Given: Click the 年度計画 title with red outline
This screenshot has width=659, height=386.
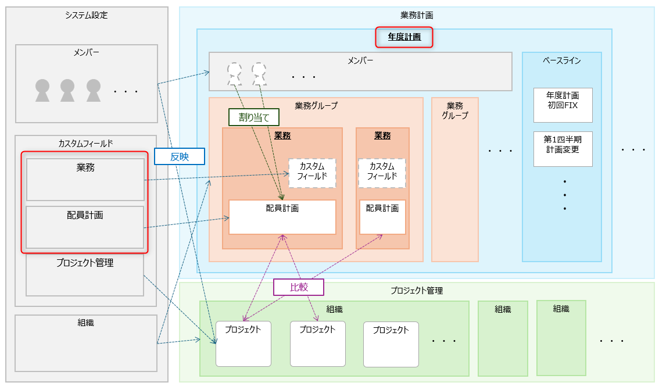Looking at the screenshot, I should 404,38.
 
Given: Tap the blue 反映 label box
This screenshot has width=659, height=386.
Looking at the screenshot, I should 180,156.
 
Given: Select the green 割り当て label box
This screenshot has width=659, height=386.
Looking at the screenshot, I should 254,117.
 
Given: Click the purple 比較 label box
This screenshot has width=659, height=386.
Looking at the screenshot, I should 298,287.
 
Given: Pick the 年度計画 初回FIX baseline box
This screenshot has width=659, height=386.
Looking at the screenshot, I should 563,105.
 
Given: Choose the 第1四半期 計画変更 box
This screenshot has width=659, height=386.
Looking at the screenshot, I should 563,149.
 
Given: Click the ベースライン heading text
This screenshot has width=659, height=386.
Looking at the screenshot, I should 561,60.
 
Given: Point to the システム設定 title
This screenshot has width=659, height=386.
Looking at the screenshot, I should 87,15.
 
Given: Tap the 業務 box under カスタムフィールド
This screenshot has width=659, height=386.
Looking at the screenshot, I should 85,180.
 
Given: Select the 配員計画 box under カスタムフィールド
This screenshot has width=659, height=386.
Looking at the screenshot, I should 85,227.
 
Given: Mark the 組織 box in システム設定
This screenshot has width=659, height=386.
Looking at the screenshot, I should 86,342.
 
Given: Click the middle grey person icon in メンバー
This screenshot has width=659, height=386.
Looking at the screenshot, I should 68,90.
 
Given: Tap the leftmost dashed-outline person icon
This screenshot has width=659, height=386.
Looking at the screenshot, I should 235,74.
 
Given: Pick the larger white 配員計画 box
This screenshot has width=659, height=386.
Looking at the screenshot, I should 282,217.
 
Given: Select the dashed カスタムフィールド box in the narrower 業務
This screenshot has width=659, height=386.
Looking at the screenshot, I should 382,173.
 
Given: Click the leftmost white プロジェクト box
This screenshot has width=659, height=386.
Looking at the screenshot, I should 243,344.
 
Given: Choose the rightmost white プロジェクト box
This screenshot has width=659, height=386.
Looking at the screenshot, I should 391,344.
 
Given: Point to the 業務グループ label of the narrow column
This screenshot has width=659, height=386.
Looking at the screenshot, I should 455,110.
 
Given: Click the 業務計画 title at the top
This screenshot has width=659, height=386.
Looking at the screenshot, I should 417,15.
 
